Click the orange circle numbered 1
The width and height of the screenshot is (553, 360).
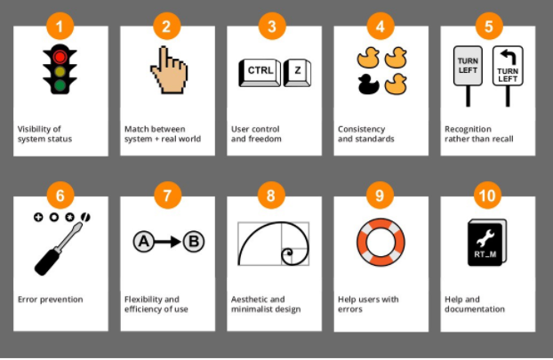click(x=60, y=27)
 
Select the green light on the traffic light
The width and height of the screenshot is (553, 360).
click(x=60, y=86)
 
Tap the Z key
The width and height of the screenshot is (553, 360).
click(x=297, y=72)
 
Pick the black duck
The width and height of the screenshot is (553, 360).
click(x=367, y=86)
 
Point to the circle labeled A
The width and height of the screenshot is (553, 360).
click(x=143, y=241)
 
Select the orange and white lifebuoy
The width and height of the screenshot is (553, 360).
click(x=380, y=241)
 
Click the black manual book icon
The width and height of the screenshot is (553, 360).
click(x=486, y=243)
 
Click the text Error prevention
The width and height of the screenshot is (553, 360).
click(x=51, y=300)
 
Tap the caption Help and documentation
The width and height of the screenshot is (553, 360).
click(x=476, y=304)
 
